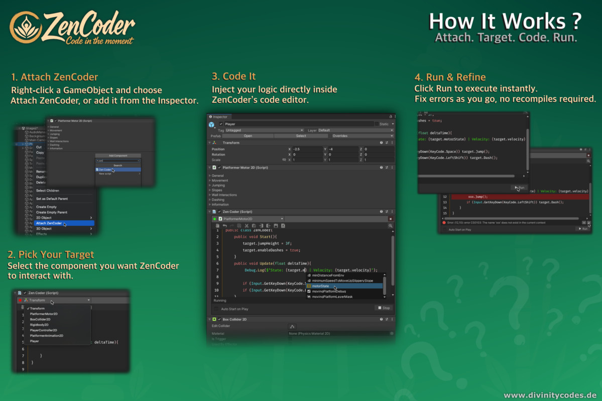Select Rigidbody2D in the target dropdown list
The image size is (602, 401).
[40, 325]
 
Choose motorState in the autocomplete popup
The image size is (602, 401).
[320, 286]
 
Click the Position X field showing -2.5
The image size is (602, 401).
[307, 149]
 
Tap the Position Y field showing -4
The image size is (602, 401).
[342, 149]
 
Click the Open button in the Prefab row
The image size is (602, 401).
[248, 136]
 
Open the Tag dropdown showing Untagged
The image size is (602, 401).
[265, 130]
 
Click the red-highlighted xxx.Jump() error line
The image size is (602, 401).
[474, 197]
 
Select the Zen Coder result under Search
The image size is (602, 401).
[105, 170]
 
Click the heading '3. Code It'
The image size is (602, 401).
[233, 76]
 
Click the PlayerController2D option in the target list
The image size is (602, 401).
[43, 330]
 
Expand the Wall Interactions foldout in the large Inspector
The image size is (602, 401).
[224, 195]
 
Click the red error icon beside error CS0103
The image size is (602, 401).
[444, 223]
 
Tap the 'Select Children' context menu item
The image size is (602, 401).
[47, 190]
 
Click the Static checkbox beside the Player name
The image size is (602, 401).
[376, 124]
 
